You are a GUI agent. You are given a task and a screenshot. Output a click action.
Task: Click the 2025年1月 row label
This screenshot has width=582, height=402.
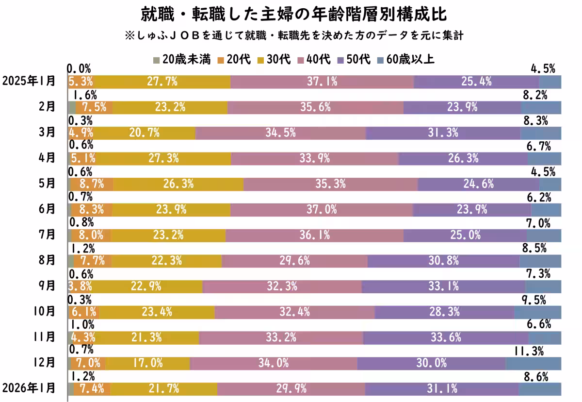(29, 81)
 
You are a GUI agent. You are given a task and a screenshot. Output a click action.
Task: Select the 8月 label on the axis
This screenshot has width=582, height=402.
(48, 260)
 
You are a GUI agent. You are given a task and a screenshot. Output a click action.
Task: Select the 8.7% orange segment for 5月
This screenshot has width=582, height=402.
(92, 184)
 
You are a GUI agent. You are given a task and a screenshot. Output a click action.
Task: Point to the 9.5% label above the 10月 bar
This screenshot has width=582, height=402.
(538, 299)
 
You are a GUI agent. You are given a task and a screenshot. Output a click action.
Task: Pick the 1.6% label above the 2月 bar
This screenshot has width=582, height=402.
(82, 95)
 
